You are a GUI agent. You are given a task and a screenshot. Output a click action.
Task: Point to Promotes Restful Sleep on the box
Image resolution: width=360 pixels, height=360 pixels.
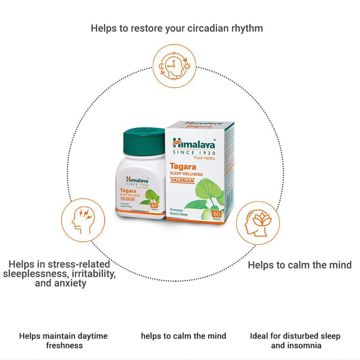pos(179,212)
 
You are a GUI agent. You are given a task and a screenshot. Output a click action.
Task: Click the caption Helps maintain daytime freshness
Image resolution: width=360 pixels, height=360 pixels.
pos(63,341)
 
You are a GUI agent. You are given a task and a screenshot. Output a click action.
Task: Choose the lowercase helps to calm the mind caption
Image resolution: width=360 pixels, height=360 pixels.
pos(183,336)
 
